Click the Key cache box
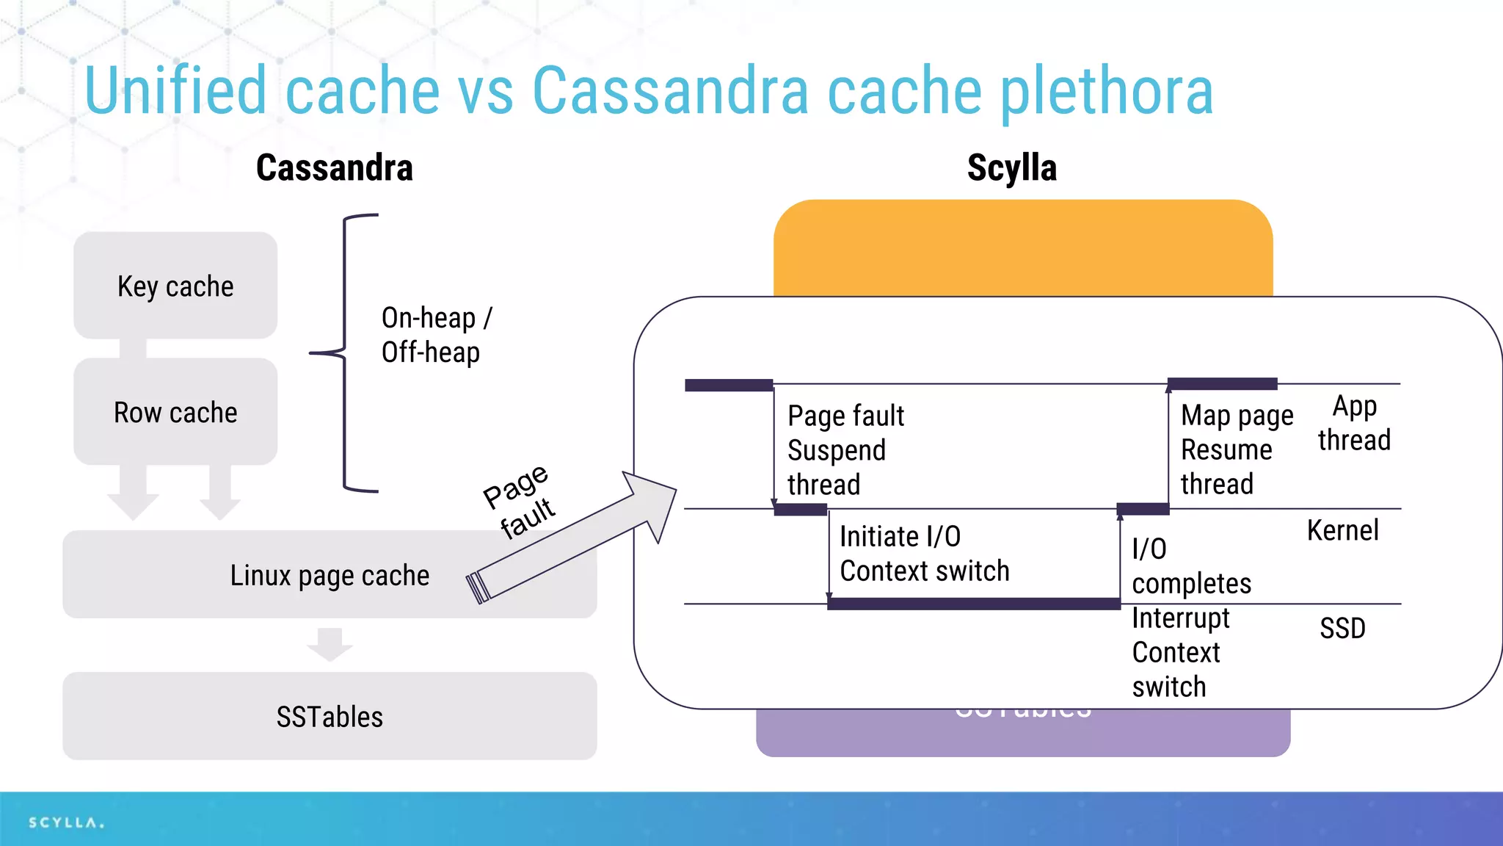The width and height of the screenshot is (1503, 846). click(175, 286)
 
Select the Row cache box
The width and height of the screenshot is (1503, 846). click(175, 412)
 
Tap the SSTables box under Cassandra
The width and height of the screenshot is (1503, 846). click(330, 716)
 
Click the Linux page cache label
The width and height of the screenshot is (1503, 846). click(330, 576)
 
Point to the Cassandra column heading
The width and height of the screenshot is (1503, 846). click(335, 168)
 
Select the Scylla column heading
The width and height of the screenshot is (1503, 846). click(1012, 168)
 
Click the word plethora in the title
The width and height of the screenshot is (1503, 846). click(1107, 92)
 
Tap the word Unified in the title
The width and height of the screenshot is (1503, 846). click(175, 92)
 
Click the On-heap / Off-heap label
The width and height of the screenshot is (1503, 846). click(436, 335)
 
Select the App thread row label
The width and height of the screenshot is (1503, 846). click(1354, 423)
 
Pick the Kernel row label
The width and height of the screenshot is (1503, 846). click(1342, 530)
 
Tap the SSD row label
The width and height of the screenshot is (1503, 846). click(1342, 629)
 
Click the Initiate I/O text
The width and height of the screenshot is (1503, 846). click(900, 537)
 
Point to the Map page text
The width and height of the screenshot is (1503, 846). click(1237, 416)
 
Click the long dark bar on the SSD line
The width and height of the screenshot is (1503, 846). click(974, 604)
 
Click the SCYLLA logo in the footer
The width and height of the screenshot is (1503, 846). click(66, 822)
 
